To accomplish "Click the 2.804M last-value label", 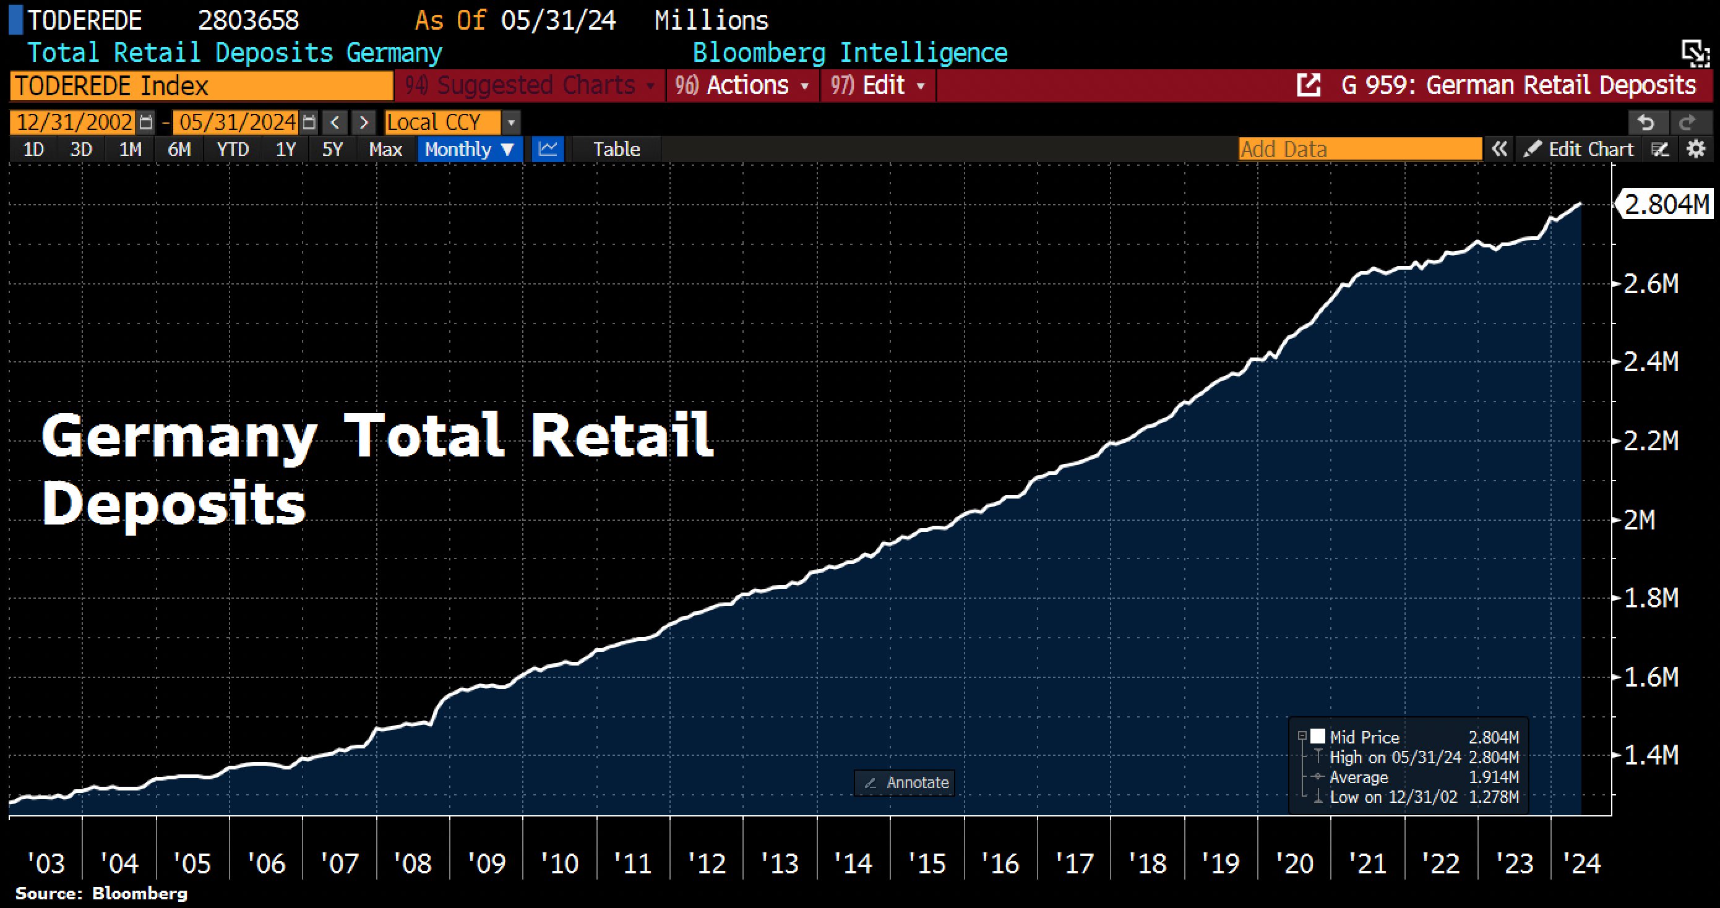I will click(x=1667, y=204).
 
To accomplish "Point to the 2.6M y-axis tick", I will click(x=1651, y=285).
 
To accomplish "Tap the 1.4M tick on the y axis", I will click(x=1651, y=755).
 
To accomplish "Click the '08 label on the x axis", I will click(x=413, y=864).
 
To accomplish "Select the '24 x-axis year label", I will click(x=1582, y=864).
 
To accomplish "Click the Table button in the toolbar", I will click(x=616, y=149).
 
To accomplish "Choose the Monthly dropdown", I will click(x=470, y=149).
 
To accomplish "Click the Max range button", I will click(x=385, y=149).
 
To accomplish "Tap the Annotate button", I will click(x=905, y=782).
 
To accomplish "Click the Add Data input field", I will click(x=1359, y=149).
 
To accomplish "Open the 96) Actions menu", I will click(x=742, y=85).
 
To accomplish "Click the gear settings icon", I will click(x=1695, y=149).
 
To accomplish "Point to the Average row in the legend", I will click(x=1358, y=777).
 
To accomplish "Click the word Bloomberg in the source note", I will click(x=140, y=893).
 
